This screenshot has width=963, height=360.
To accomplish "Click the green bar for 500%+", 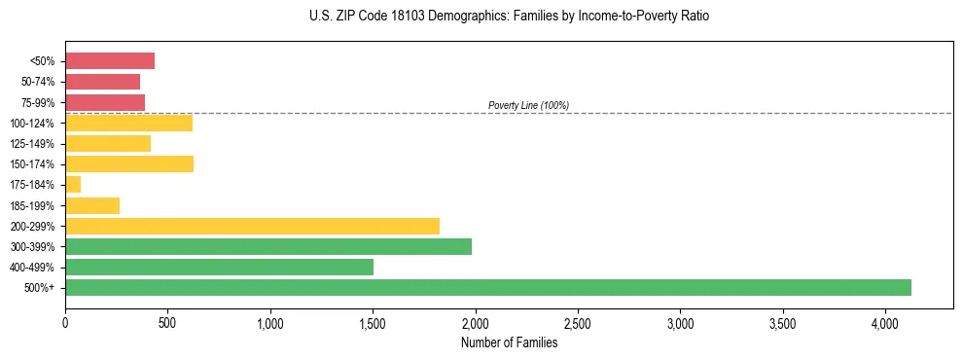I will coord(487,287).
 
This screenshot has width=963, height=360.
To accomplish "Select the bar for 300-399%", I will coord(267,246).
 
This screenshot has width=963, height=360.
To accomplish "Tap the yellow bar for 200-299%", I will coord(252,226).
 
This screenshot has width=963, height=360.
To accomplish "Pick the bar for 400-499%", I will coord(219,267).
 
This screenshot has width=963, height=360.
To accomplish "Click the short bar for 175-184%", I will coord(73,185).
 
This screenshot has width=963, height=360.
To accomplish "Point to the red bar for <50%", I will coord(110,61).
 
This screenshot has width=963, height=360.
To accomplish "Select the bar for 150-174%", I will coord(129,164).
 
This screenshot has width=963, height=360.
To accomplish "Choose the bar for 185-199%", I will coord(92,205).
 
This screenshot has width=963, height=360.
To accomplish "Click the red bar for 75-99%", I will coord(105,102).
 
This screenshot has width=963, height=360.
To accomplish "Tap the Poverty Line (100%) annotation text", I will coord(528,105).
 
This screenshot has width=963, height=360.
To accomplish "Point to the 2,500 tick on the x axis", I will coord(578,322).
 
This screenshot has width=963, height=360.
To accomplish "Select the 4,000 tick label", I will coord(885,322).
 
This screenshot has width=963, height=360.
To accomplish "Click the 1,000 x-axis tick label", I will coord(270,322).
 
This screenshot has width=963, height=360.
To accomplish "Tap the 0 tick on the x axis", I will coord(65,322).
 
